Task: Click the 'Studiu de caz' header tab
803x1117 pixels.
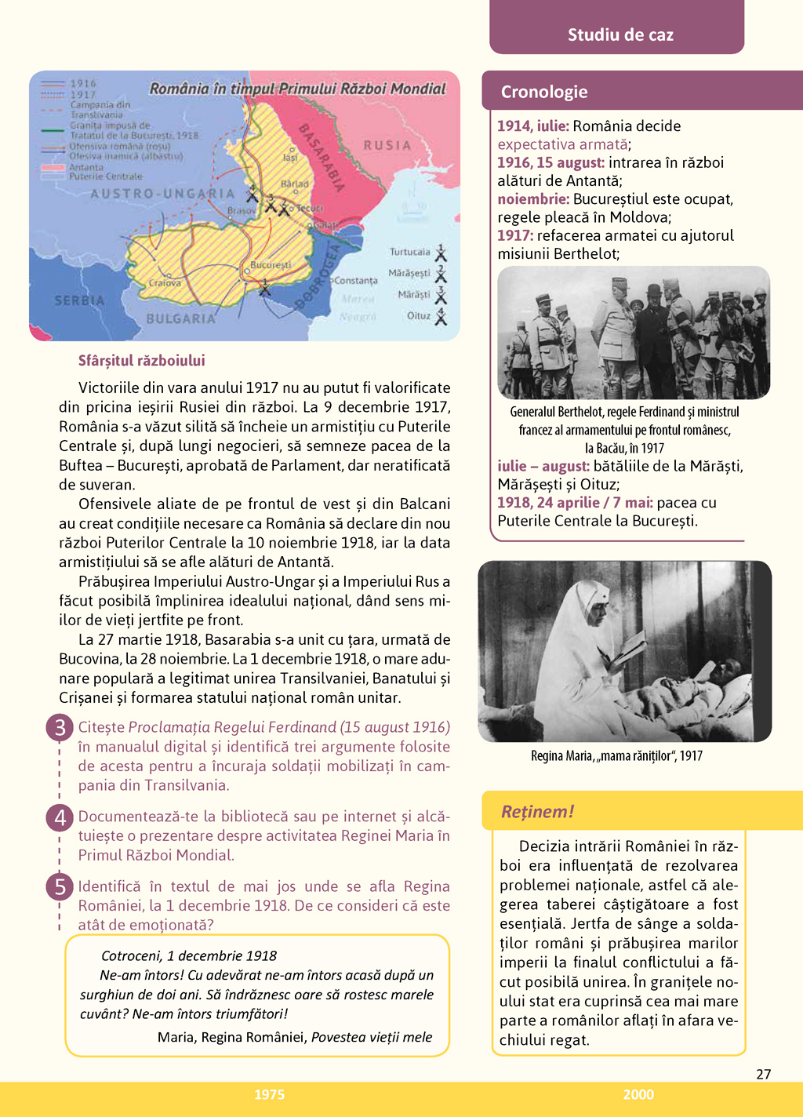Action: pyautogui.click(x=620, y=35)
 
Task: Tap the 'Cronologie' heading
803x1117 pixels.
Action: pyautogui.click(x=544, y=92)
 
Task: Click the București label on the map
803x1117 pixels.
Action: pyautogui.click(x=271, y=265)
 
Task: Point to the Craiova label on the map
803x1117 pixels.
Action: pyautogui.click(x=165, y=283)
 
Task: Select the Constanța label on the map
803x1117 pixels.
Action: pyautogui.click(x=355, y=280)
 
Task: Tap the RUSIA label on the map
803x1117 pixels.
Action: pyautogui.click(x=387, y=145)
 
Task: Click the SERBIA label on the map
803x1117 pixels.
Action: pyautogui.click(x=79, y=300)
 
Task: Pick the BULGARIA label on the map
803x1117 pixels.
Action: pyautogui.click(x=180, y=318)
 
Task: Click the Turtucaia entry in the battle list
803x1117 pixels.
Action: pyautogui.click(x=410, y=252)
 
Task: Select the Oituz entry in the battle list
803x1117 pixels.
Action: pyautogui.click(x=419, y=315)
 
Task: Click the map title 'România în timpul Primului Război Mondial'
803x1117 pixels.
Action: pyautogui.click(x=297, y=89)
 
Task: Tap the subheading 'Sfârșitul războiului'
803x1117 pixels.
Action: pyautogui.click(x=141, y=361)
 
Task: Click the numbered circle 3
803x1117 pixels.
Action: pyautogui.click(x=60, y=728)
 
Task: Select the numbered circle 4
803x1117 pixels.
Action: pyautogui.click(x=60, y=817)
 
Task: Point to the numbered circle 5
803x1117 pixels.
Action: pyautogui.click(x=60, y=887)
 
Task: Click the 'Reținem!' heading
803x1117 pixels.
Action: pyautogui.click(x=537, y=811)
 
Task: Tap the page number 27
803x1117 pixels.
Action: pyautogui.click(x=763, y=1074)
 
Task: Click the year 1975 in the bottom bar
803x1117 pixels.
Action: pyautogui.click(x=269, y=1094)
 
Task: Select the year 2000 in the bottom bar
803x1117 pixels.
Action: pyautogui.click(x=638, y=1094)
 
